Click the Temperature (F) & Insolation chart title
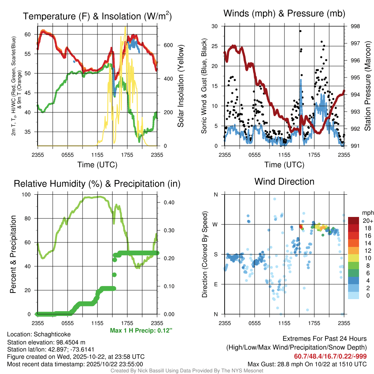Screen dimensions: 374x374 click(x=97, y=16)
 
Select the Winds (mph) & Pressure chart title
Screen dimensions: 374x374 click(x=284, y=14)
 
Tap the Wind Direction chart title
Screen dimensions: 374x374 click(x=284, y=182)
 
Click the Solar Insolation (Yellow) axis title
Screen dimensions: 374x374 click(x=181, y=86)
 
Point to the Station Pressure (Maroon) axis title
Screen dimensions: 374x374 click(x=368, y=86)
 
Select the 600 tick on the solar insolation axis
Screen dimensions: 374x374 click(x=168, y=45)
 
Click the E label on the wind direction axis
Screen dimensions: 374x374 click(x=215, y=284)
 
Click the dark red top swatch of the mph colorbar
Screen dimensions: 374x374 click(x=354, y=221)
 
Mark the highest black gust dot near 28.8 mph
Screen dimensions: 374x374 click(x=300, y=31)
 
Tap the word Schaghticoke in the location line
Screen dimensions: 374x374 click(x=52, y=334)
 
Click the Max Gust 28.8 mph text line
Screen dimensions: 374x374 click(x=307, y=364)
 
